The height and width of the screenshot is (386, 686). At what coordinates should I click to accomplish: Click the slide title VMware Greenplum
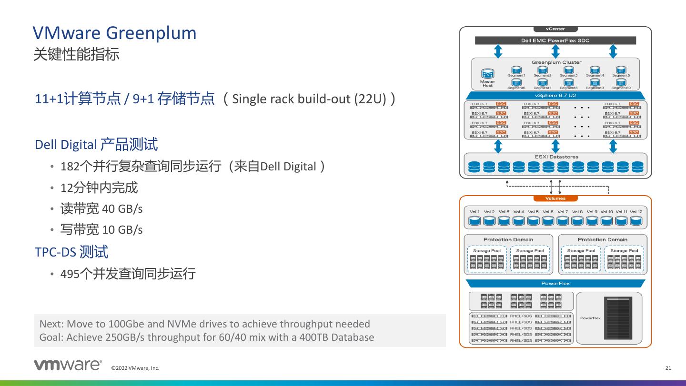pyautogui.click(x=114, y=33)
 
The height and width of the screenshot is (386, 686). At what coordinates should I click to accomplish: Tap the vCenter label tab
pyautogui.click(x=555, y=29)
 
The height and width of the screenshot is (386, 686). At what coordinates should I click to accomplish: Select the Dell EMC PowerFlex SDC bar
pyautogui.click(x=555, y=40)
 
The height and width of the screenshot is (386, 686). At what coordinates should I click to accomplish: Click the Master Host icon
pyautogui.click(x=487, y=75)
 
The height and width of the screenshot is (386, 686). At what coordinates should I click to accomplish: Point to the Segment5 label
pyautogui.click(x=621, y=76)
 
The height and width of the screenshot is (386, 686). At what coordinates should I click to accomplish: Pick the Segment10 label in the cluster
pyautogui.click(x=621, y=88)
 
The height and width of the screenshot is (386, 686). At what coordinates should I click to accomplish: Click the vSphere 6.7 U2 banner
pyautogui.click(x=555, y=96)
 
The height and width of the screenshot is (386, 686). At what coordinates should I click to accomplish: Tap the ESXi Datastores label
pyautogui.click(x=555, y=157)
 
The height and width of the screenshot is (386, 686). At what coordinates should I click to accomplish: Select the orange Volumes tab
pyautogui.click(x=555, y=198)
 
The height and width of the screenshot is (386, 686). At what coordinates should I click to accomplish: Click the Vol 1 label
pyautogui.click(x=474, y=212)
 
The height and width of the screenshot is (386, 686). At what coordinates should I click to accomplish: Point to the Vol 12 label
pyautogui.click(x=636, y=212)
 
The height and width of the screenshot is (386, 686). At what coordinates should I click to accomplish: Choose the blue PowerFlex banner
pyautogui.click(x=555, y=284)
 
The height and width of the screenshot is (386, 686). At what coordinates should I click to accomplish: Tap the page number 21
pyautogui.click(x=668, y=368)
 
